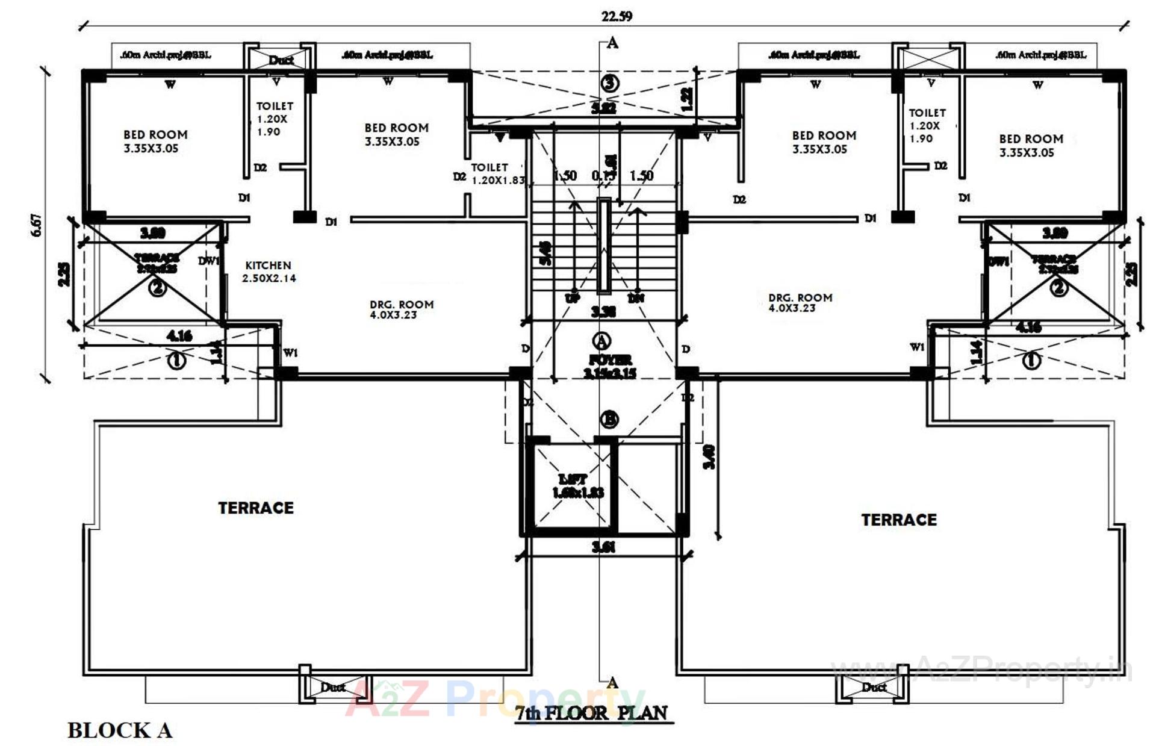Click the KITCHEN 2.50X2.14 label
269,272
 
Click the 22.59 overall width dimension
617,16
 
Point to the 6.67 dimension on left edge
37,225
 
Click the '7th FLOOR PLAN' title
591,713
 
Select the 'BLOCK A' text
120,730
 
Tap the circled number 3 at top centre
611,82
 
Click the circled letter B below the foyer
610,419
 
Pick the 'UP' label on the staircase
572,298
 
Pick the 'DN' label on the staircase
636,298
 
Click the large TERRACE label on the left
256,508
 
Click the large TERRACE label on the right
898,520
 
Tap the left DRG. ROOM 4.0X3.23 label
401,309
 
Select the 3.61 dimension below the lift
603,547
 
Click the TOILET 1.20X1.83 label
497,174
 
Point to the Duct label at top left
281,60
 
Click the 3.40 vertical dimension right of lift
709,456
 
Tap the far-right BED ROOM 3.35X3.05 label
1031,145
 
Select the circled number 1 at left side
176,360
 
